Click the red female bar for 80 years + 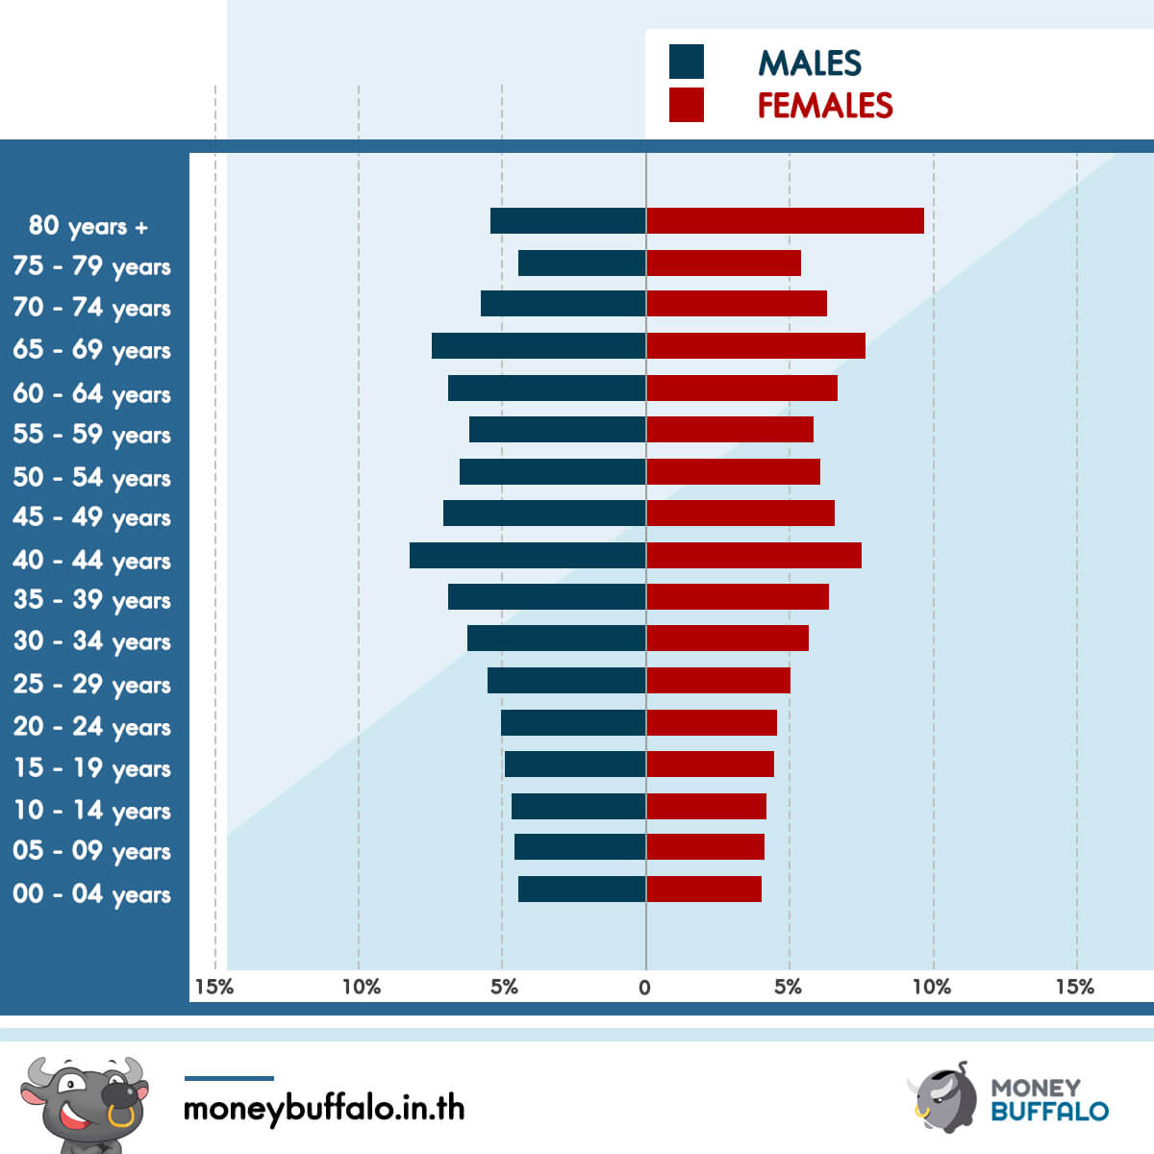point(785,220)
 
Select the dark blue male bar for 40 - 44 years point(528,555)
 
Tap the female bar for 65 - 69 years point(756,345)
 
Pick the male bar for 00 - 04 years point(582,889)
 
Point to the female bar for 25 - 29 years point(718,680)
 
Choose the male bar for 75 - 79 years point(582,263)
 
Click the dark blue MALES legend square point(687,62)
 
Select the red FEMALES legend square point(687,105)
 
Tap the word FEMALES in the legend point(825,106)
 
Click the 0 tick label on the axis point(644,988)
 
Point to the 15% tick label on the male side point(214,987)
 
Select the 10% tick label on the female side point(932,987)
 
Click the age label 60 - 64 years point(91,394)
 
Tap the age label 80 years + point(88,226)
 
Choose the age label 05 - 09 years point(91,851)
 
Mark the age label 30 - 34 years point(91,641)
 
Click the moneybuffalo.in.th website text point(324,1109)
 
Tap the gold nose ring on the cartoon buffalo point(121,1116)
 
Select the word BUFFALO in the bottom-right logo point(1050,1112)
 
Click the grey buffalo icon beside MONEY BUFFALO point(942,1098)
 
